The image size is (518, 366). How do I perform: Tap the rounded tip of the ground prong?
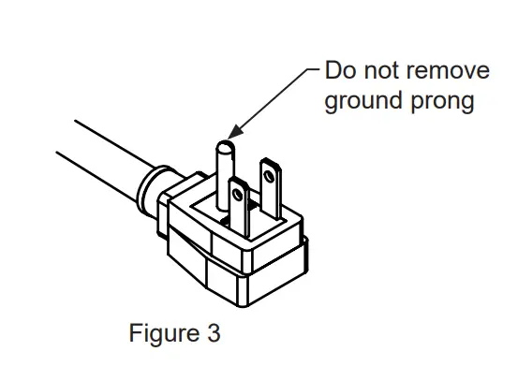point(224,147)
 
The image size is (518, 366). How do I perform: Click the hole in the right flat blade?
point(271,173)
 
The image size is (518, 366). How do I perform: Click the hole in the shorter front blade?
point(239,196)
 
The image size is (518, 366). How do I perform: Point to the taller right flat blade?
point(272,192)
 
